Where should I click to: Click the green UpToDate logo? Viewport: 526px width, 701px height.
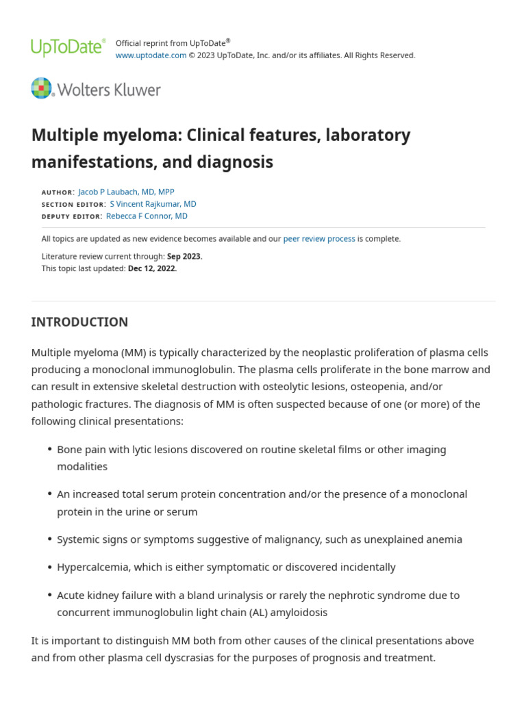[x=68, y=47]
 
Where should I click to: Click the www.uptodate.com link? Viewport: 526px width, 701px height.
[x=151, y=55]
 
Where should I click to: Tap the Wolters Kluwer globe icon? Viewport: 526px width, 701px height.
[x=41, y=88]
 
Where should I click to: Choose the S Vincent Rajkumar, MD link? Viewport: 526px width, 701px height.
[x=153, y=204]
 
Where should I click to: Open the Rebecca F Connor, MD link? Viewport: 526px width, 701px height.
[x=147, y=216]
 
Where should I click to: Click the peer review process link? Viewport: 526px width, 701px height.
[x=319, y=239]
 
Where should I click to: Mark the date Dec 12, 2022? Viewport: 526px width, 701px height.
[x=152, y=268]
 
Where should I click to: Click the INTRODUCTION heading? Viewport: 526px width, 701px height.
[x=79, y=322]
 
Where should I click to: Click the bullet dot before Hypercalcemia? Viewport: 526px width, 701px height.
[x=50, y=568]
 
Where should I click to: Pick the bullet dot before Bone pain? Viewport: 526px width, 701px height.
[x=50, y=450]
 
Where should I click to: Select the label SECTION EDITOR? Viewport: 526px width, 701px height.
[x=73, y=205]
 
